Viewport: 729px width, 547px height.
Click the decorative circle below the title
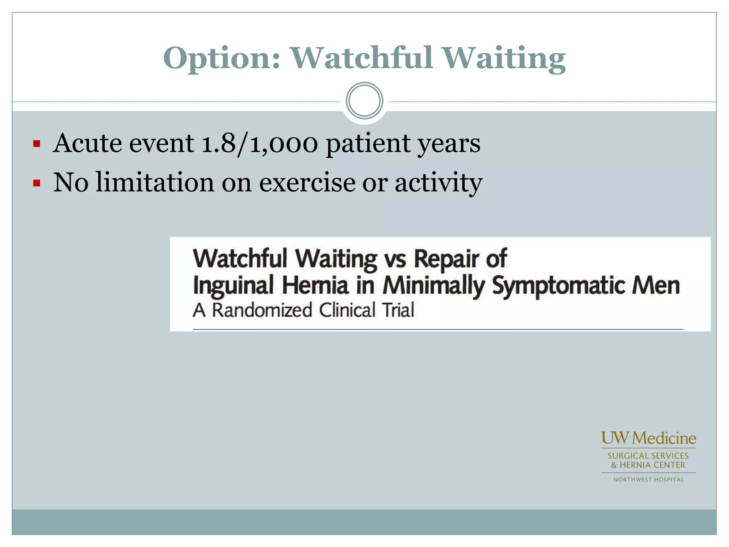(364, 101)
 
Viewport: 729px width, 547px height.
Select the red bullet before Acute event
(36, 144)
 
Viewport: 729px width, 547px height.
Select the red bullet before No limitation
(36, 183)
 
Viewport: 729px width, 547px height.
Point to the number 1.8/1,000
(259, 144)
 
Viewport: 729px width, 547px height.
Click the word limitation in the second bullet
(155, 182)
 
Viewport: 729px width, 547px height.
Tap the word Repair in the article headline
(446, 259)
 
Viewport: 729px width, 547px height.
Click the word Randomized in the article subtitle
(262, 310)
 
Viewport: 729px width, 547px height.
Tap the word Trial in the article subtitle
(398, 310)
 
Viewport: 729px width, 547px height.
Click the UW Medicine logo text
(649, 438)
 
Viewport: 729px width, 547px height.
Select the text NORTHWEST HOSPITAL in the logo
(649, 480)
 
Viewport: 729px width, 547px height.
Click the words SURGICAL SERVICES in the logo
(648, 456)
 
